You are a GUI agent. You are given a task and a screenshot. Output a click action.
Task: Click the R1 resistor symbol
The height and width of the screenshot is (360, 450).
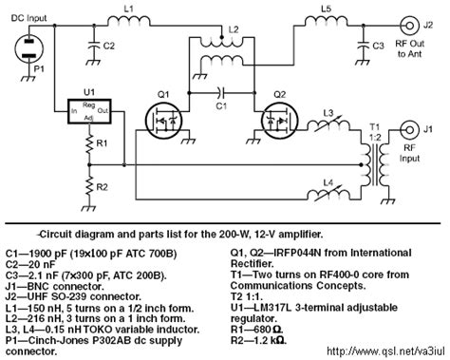click(x=88, y=146)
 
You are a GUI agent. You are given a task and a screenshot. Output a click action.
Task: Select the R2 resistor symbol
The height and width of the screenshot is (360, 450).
click(x=88, y=186)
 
